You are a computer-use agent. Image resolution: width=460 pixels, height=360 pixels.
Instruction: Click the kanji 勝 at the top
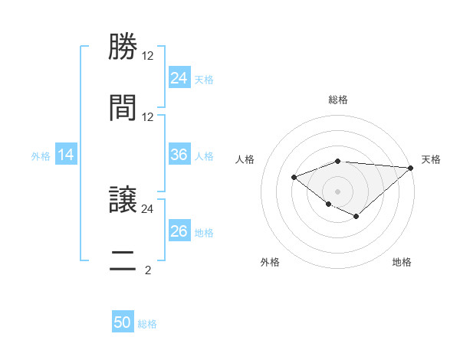click(x=123, y=47)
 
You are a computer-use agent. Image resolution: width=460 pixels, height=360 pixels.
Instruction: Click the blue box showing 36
click(x=179, y=155)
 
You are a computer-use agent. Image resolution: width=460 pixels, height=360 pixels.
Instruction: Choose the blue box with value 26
click(x=179, y=231)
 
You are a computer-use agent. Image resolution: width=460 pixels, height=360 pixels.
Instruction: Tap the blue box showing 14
click(x=66, y=155)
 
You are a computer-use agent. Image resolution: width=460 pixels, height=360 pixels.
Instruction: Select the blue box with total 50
click(x=123, y=322)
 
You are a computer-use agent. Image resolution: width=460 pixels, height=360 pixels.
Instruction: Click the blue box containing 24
click(x=179, y=77)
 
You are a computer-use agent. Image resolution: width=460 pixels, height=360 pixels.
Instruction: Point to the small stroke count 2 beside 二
click(x=147, y=270)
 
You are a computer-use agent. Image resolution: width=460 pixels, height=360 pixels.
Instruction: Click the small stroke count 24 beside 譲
click(x=147, y=208)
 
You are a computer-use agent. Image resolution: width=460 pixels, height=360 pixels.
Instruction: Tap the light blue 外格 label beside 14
click(x=41, y=155)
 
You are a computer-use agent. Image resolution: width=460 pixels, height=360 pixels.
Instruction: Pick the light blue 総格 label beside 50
click(x=147, y=324)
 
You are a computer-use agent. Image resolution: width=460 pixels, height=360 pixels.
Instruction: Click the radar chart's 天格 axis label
click(x=431, y=159)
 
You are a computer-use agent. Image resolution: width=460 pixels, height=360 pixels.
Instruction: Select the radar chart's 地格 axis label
click(x=402, y=263)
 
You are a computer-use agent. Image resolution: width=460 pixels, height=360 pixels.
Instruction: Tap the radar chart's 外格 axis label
click(x=270, y=263)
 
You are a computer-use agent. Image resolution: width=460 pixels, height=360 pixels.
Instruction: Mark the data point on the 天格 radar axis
click(x=411, y=168)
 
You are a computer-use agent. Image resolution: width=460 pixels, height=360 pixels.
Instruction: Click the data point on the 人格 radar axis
click(x=294, y=178)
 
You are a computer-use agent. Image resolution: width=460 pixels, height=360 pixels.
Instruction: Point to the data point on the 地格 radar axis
click(x=356, y=217)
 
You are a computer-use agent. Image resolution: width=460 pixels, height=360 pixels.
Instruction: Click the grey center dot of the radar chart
click(x=337, y=191)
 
